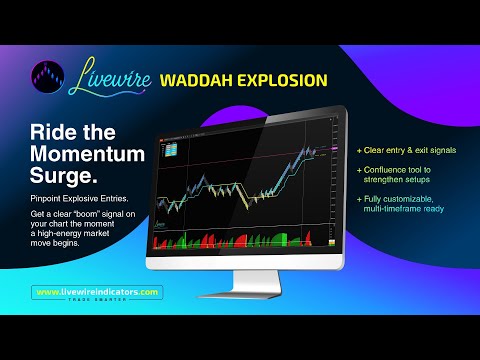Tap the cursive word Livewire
point(111,78)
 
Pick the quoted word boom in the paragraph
point(95,215)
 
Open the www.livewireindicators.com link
point(98,291)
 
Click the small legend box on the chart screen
point(172,146)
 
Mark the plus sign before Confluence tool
point(360,171)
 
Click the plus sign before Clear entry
point(360,150)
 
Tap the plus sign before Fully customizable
point(360,198)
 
